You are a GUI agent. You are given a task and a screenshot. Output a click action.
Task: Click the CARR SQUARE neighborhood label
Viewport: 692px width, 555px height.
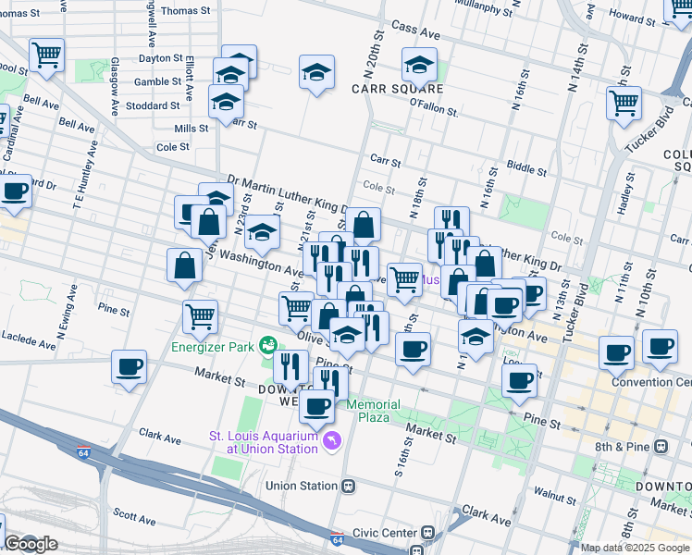[x=397, y=89]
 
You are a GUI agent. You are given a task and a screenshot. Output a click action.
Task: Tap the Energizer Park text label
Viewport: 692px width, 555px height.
[x=214, y=348]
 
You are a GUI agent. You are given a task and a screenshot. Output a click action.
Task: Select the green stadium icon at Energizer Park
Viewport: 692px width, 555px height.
[x=268, y=345]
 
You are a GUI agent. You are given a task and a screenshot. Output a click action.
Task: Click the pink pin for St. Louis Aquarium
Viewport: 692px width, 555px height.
[x=331, y=443]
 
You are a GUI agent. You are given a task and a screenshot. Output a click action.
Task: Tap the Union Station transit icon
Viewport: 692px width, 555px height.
[x=349, y=485]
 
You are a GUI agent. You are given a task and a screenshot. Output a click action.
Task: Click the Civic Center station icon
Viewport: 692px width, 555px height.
[x=427, y=532]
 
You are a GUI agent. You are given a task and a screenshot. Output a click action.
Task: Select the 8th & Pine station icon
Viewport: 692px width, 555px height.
[x=661, y=446]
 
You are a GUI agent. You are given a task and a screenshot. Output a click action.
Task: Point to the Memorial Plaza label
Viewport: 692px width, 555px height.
[x=375, y=411]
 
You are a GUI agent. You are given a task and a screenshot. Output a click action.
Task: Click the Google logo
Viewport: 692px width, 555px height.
[x=30, y=544]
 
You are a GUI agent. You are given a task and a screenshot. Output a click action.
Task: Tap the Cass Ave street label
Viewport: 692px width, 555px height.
[x=414, y=32]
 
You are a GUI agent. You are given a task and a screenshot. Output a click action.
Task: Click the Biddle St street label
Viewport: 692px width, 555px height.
[x=527, y=168]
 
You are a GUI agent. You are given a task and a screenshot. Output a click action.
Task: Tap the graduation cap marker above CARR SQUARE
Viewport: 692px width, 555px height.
[x=419, y=67]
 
